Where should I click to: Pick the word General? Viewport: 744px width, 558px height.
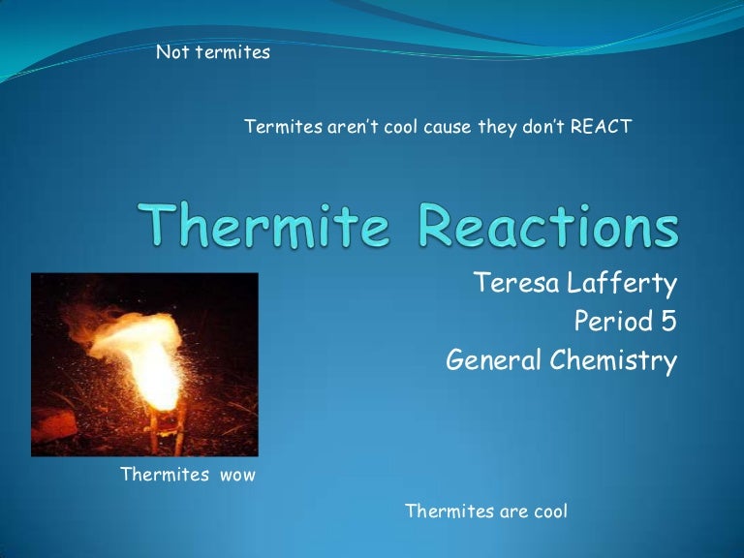pyautogui.click(x=494, y=360)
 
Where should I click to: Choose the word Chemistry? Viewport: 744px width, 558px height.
pyautogui.click(x=613, y=360)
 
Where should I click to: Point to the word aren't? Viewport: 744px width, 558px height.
pyautogui.click(x=352, y=127)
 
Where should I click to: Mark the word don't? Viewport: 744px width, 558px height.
pyautogui.click(x=545, y=127)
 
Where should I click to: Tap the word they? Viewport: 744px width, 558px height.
pyautogui.click(x=498, y=127)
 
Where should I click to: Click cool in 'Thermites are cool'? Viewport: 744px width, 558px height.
pyautogui.click(x=544, y=511)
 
